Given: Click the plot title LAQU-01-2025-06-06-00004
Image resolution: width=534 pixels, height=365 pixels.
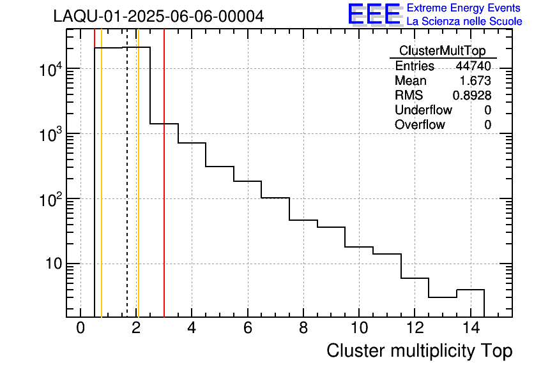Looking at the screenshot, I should [x=158, y=17].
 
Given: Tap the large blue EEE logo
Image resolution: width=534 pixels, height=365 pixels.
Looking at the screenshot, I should [x=374, y=15].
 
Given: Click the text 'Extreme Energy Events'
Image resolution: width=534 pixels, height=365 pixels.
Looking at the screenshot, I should [x=464, y=8].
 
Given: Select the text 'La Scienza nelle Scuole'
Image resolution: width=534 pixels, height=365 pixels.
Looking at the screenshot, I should [x=464, y=21].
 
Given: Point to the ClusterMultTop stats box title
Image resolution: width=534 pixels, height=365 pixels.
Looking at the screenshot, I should [x=442, y=51].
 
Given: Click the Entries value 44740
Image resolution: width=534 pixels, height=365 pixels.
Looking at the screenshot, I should [x=473, y=66].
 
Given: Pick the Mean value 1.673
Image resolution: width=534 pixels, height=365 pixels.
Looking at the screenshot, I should [x=475, y=81].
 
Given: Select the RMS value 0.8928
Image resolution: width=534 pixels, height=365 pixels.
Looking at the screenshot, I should [x=472, y=96].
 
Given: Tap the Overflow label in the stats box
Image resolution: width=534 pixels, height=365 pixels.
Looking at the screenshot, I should [x=420, y=125].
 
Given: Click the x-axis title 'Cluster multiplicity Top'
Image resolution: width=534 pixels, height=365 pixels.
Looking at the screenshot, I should [x=419, y=351].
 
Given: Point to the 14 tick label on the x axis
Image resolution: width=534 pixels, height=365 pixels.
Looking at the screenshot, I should [x=469, y=329].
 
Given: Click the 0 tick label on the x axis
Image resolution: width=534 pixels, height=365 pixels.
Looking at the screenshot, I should [x=80, y=329].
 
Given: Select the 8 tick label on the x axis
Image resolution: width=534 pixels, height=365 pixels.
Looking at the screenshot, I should [x=303, y=329].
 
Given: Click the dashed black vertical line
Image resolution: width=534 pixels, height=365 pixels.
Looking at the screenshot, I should [x=127, y=191].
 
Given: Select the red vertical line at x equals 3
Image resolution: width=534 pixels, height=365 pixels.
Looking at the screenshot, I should [x=164, y=191].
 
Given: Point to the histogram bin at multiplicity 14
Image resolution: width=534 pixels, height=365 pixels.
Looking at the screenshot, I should [x=470, y=303].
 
